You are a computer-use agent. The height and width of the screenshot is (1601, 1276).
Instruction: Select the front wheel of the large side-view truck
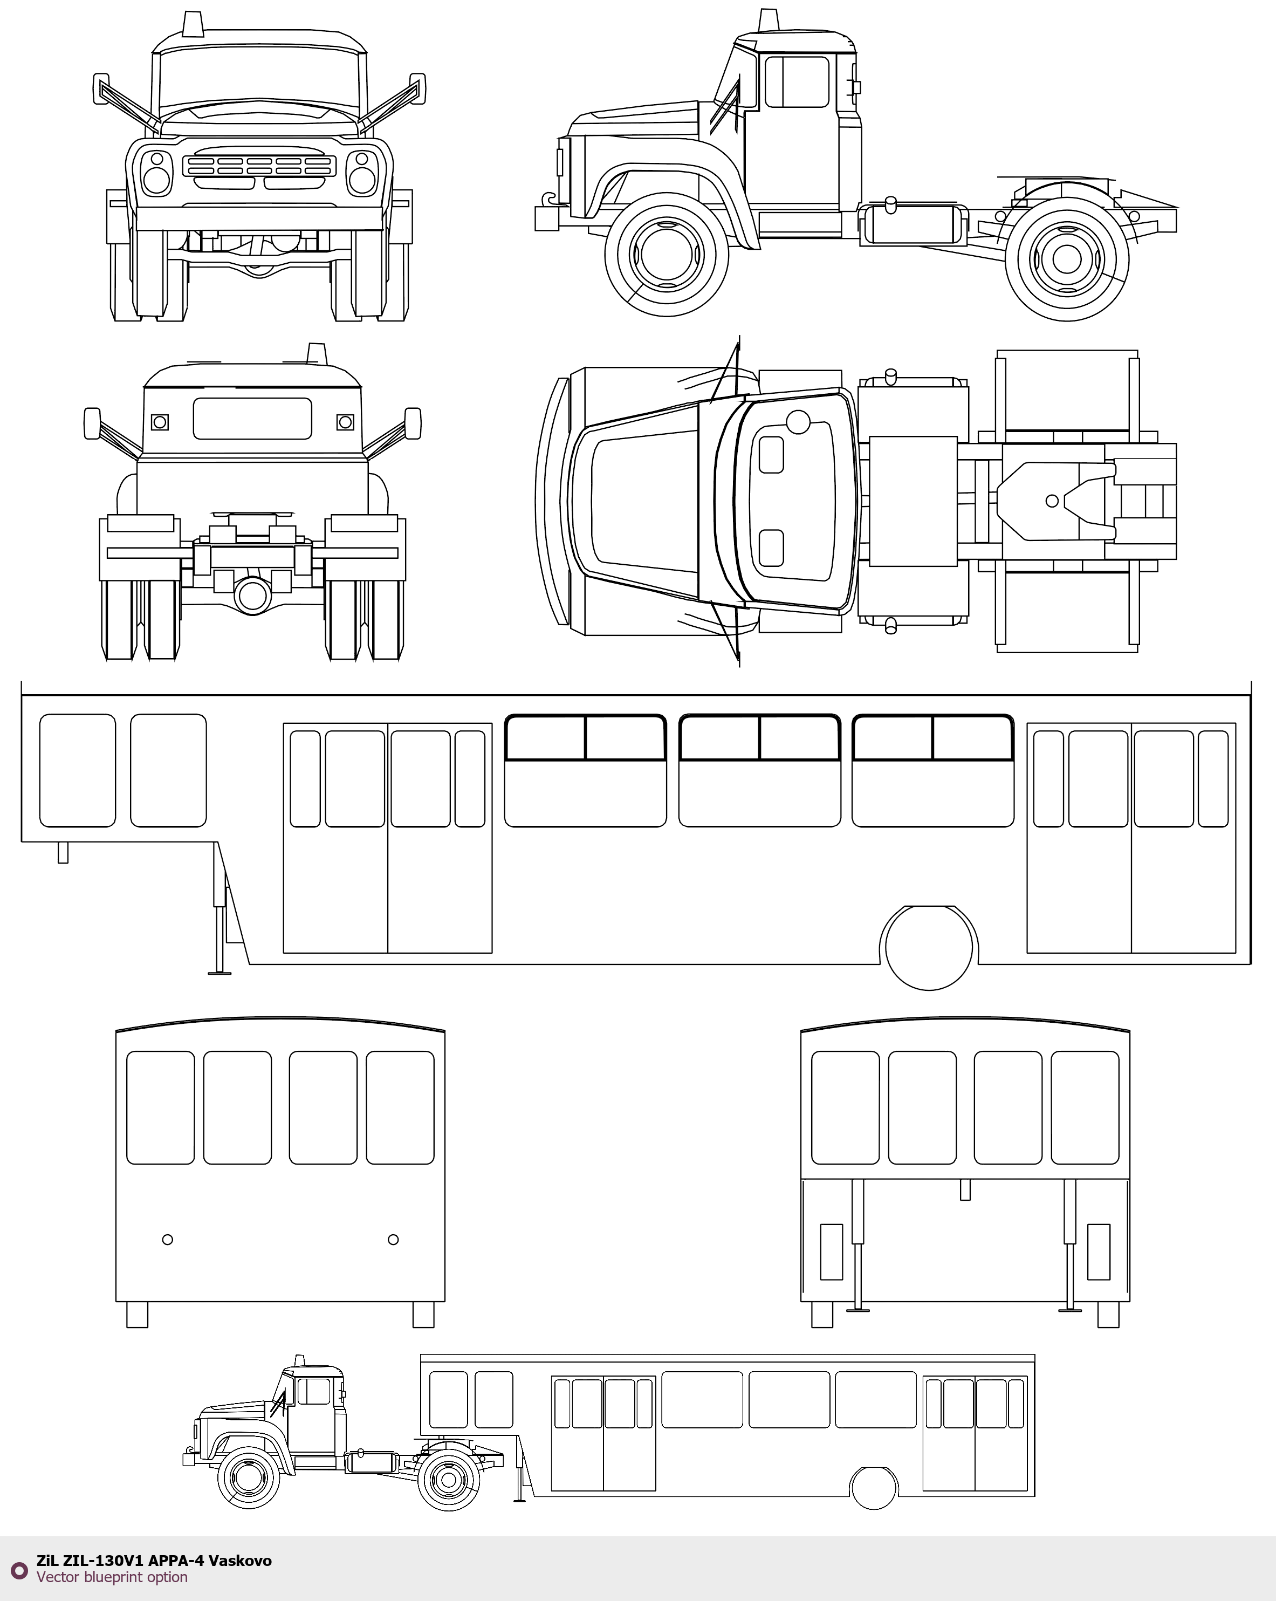point(666,255)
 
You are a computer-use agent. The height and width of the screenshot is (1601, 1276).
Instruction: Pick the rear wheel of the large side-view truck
point(1067,258)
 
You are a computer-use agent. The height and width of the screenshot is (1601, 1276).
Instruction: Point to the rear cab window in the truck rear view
point(252,418)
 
